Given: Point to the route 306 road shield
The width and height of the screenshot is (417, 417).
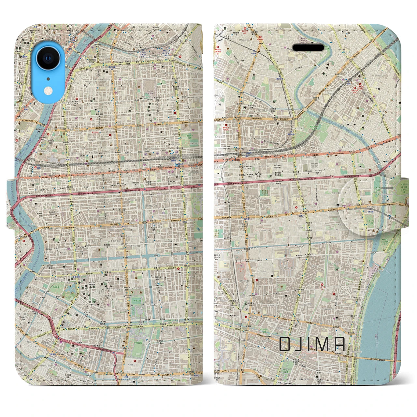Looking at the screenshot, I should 243,201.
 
